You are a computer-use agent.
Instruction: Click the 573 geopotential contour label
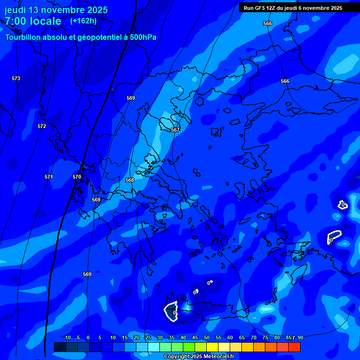click(x=16, y=78)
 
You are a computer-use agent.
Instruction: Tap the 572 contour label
click(x=42, y=126)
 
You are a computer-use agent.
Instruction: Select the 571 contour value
click(x=49, y=177)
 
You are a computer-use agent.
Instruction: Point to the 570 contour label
click(x=77, y=177)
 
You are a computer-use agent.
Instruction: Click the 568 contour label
click(x=130, y=180)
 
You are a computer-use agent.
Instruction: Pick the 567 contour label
click(x=175, y=129)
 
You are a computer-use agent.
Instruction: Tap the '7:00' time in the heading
click(x=16, y=21)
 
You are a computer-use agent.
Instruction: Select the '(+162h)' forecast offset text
click(x=83, y=21)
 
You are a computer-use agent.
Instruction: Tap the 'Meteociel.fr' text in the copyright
click(x=216, y=357)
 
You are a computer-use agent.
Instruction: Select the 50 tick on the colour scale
click(x=207, y=337)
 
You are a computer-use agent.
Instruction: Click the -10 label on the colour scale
click(x=67, y=337)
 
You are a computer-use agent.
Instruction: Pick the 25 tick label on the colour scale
click(x=148, y=337)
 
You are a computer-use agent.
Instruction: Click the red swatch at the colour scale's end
click(x=294, y=347)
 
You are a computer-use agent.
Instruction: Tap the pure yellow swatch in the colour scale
click(x=212, y=347)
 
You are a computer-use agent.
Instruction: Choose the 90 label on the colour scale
click(x=300, y=337)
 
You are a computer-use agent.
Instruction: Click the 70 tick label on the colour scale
click(x=254, y=337)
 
